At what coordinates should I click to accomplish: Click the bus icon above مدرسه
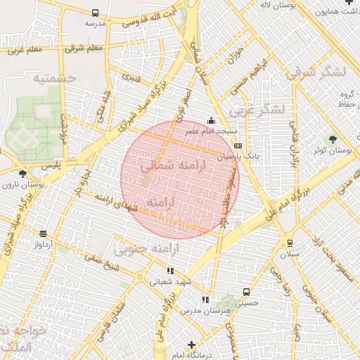[95, 13]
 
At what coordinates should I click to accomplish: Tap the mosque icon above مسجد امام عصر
[211, 120]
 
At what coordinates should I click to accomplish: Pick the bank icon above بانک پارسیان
[238, 146]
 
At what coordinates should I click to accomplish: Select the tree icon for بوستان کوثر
[333, 139]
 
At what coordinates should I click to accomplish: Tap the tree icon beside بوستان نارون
[23, 173]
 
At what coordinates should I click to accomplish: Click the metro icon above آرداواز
[44, 233]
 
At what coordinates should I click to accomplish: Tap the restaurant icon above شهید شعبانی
[169, 270]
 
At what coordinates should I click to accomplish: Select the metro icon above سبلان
[290, 243]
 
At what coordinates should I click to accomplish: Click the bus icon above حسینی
[246, 291]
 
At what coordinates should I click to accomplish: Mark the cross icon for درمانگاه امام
[191, 344]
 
